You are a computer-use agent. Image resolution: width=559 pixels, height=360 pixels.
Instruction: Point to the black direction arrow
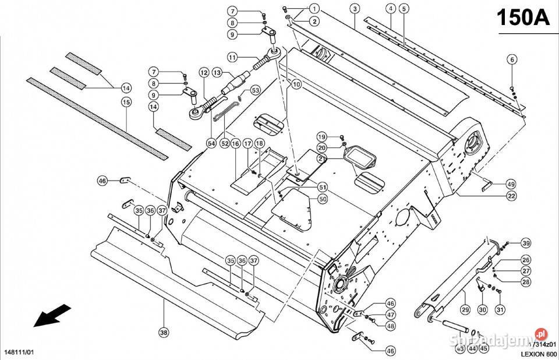[49, 316]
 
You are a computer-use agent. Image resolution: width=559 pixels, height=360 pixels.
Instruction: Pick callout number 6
[512, 59]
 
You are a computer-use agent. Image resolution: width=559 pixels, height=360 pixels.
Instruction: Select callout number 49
[511, 184]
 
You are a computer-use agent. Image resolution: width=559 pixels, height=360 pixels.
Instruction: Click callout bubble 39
[526, 243]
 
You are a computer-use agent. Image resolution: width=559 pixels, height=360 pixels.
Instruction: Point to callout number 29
[465, 309]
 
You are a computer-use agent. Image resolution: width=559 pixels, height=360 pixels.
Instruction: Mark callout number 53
[256, 90]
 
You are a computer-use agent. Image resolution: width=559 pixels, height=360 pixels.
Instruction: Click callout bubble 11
[232, 58]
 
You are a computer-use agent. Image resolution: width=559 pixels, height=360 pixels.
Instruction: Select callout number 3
[354, 8]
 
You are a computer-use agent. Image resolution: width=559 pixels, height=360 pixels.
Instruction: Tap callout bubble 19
[322, 136]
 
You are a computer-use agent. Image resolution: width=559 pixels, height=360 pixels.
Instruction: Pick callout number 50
[322, 199]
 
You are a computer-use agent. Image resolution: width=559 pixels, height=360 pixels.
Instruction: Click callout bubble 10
[296, 84]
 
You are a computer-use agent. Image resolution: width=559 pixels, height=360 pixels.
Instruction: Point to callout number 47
[390, 315]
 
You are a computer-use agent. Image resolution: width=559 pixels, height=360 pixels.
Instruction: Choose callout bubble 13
[217, 73]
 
